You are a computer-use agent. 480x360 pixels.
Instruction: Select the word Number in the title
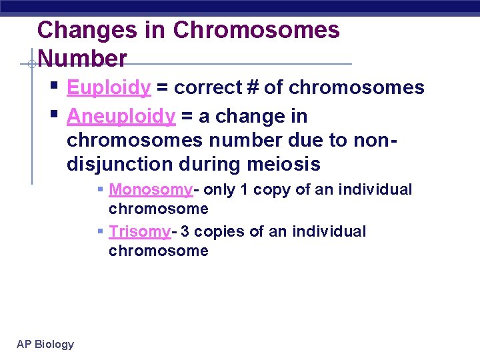coord(83,59)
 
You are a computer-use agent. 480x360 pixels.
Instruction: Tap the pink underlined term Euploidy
coord(109,88)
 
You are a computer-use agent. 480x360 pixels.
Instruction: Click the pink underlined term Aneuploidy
coord(121,117)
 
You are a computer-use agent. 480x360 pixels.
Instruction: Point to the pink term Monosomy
coord(151,190)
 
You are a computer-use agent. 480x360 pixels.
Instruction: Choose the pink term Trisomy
coord(140,232)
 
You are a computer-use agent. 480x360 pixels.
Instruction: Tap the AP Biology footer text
coord(45,344)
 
